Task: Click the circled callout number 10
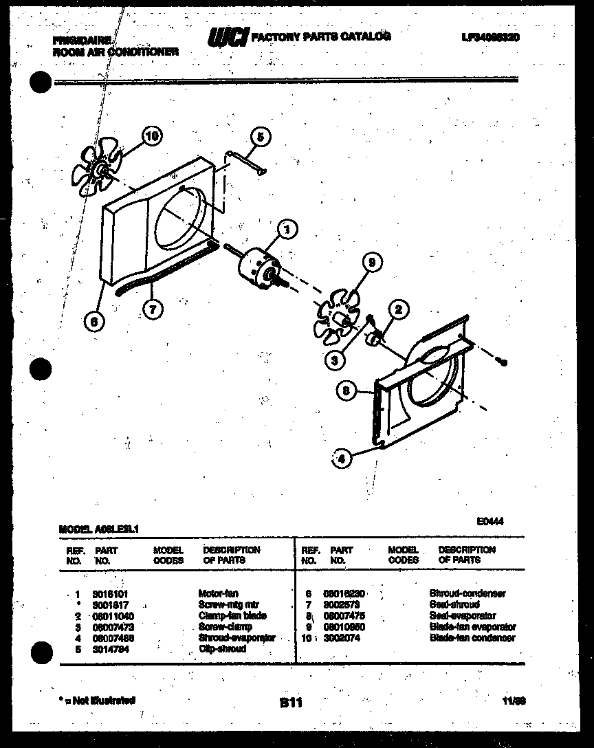pos(152,136)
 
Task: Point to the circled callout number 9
pos(371,261)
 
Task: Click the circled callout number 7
pos(153,309)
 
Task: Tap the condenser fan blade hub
pos(101,168)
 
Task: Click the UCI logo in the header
pos(227,39)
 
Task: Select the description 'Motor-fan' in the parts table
pos(218,593)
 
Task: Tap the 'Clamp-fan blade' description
pos(232,615)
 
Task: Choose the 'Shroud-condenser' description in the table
pos(467,593)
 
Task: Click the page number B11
pos(291,703)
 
